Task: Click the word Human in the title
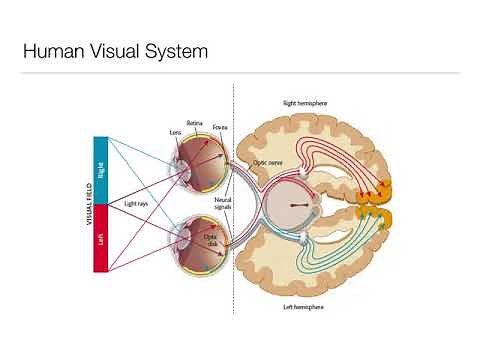[x=53, y=49]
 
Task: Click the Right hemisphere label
[x=306, y=103]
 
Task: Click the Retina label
[x=195, y=122]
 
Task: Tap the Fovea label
[x=219, y=128]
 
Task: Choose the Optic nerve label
[x=267, y=161]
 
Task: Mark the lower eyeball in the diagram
[x=199, y=244]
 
